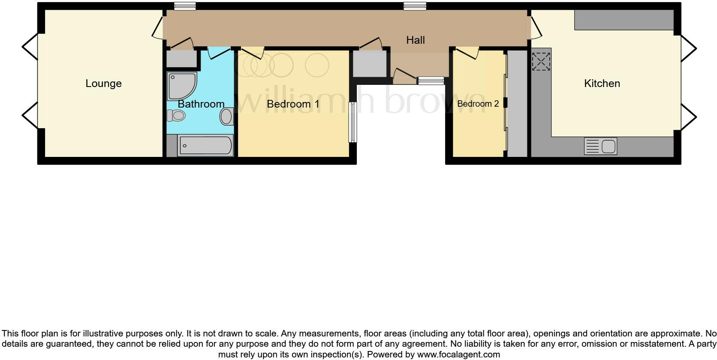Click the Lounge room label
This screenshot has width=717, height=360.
click(103, 84)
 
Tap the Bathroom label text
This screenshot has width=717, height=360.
click(201, 104)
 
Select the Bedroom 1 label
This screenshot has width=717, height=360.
click(293, 104)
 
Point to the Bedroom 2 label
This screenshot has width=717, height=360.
click(478, 104)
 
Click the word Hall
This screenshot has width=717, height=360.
click(415, 40)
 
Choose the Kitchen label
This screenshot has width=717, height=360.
click(602, 84)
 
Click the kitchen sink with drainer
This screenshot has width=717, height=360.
click(600, 146)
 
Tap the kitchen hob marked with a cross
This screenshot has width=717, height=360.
click(541, 61)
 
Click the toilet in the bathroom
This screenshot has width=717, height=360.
click(176, 115)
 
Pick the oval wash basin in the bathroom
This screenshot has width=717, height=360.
click(226, 116)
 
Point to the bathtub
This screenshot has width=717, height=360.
click(205, 146)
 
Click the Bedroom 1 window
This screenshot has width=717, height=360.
click(352, 122)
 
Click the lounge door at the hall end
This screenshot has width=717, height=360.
click(157, 28)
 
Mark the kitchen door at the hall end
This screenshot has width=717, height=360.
click(536, 28)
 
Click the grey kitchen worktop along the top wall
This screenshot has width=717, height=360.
click(624, 20)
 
